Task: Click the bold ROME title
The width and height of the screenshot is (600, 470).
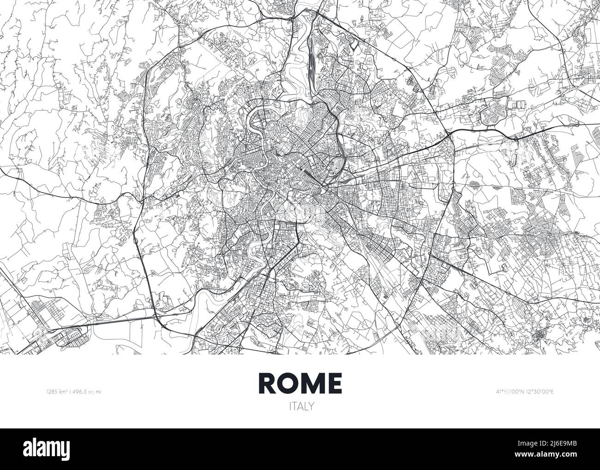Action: [x=300, y=382]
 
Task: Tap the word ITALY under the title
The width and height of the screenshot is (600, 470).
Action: [x=300, y=406]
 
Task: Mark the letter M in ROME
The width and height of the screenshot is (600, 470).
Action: [x=313, y=382]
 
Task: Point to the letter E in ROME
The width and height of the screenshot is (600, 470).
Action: [x=335, y=382]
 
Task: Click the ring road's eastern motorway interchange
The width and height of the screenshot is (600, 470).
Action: [x=450, y=134]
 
